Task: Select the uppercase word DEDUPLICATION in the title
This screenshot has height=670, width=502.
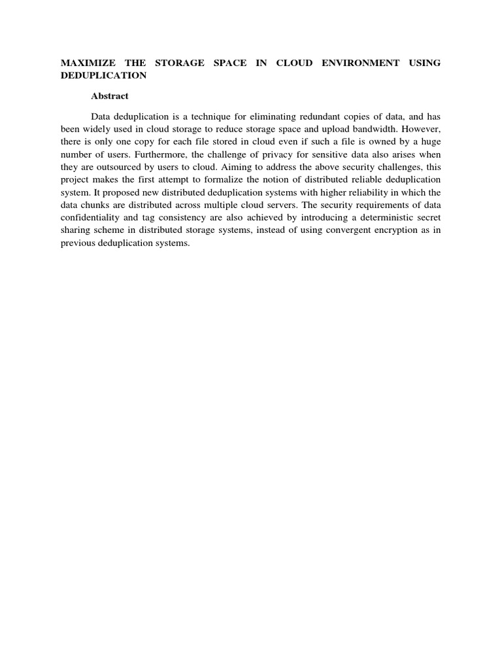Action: pyautogui.click(x=103, y=75)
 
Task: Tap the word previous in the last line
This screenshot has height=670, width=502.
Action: pyautogui.click(x=76, y=243)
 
